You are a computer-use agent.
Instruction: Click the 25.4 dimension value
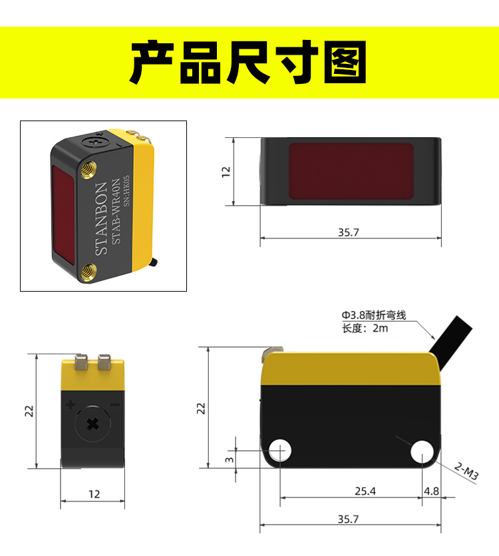coord(365,491)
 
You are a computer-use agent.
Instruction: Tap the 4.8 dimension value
coord(431,491)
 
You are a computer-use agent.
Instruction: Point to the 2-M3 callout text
coord(466,471)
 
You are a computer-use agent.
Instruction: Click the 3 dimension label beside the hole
coord(230,459)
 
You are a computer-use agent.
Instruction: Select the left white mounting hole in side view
coord(280,451)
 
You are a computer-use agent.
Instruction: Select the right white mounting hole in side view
coord(422,451)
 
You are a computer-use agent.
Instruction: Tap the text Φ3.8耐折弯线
coord(373,315)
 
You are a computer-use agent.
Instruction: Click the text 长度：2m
coord(365,328)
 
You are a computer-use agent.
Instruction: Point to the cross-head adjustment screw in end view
coord(93,423)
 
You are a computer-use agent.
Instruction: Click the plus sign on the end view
coord(70,405)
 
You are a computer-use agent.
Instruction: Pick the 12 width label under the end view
coord(94,494)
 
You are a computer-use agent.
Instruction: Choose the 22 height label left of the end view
coord(29,411)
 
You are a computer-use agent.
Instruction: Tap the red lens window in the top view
coord(351,171)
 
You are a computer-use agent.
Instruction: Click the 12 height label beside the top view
coord(226,172)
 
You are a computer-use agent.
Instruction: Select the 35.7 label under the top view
coord(349,232)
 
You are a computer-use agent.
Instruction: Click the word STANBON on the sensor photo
coord(101,218)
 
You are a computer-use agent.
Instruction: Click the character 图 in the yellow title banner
coord(345,62)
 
